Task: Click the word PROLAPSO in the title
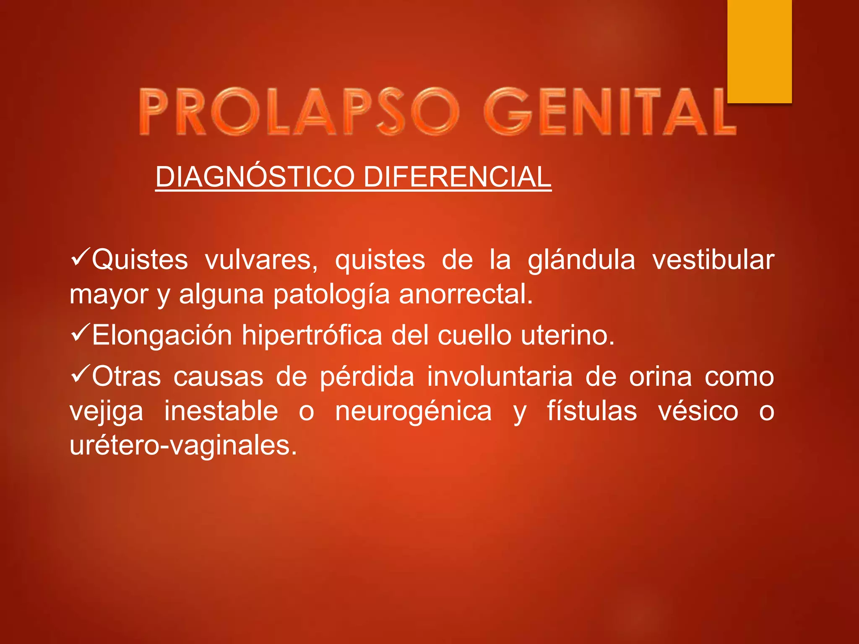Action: (299, 112)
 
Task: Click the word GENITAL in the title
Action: (609, 112)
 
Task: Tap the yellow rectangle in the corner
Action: (759, 50)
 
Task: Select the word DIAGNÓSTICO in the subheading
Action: (255, 177)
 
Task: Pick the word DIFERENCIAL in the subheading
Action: (457, 177)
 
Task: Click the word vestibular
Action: (713, 260)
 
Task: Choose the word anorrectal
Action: (466, 294)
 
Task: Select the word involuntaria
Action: (500, 377)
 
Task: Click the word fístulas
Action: (592, 411)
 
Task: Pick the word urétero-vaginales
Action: (183, 446)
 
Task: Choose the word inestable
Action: (221, 411)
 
